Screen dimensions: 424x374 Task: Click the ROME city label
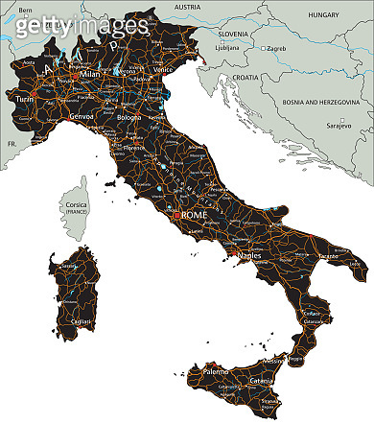click(196, 215)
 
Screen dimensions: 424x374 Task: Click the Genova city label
click(82, 113)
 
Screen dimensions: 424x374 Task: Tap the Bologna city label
click(129, 117)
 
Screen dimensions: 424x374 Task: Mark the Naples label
click(249, 257)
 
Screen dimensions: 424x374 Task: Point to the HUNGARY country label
click(324, 15)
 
